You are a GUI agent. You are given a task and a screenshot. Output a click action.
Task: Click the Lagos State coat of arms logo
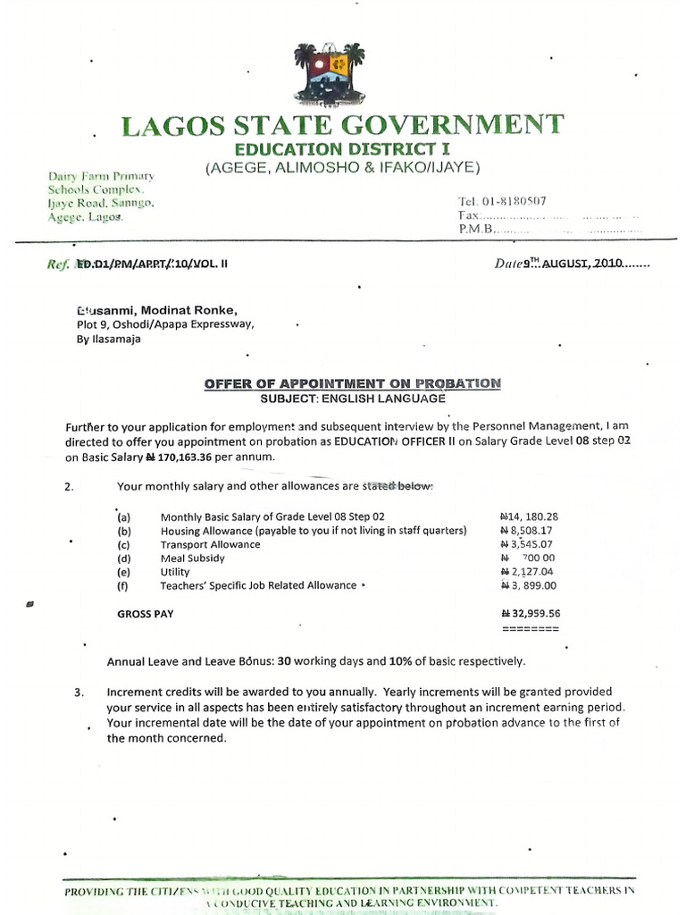[329, 73]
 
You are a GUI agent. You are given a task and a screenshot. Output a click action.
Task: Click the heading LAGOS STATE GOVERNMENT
[342, 125]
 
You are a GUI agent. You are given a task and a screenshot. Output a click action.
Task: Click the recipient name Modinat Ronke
[188, 309]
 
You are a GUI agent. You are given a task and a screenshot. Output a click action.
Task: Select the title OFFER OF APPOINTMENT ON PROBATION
[353, 383]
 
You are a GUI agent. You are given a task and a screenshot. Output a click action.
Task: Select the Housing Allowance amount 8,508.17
[530, 531]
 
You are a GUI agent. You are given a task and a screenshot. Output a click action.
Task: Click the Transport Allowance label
[210, 544]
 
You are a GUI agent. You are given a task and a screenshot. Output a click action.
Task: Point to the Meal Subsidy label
[192, 558]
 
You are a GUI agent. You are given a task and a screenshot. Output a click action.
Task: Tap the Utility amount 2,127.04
[530, 572]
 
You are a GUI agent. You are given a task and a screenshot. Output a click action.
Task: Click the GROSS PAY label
[146, 615]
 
